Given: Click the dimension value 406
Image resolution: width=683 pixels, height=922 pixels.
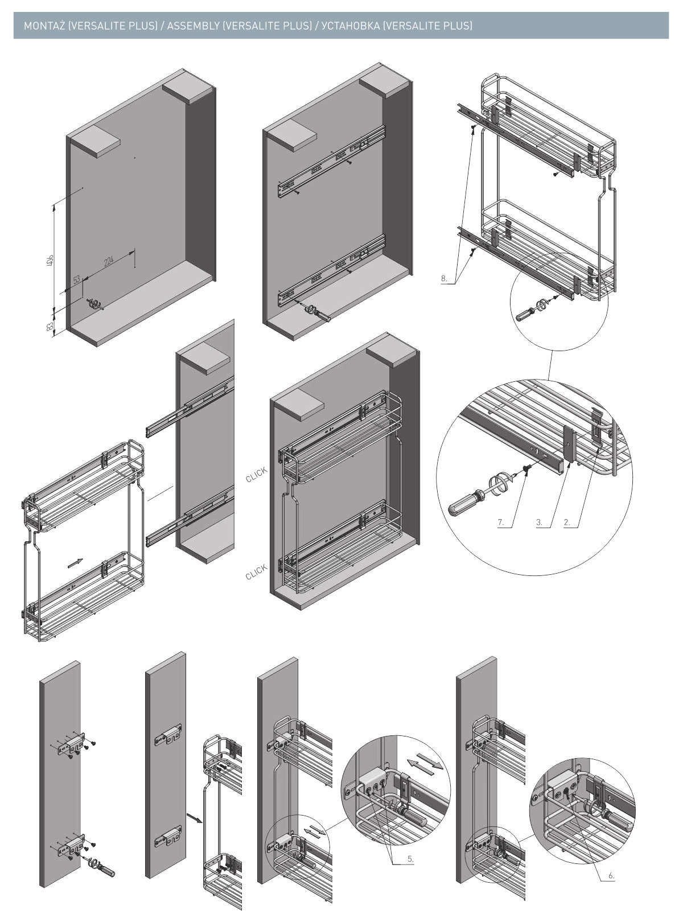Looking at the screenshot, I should pyautogui.click(x=50, y=261).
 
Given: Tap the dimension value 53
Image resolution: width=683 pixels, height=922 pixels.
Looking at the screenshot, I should pyautogui.click(x=76, y=280).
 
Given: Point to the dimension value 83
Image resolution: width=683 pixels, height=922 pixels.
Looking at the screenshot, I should pyautogui.click(x=50, y=327).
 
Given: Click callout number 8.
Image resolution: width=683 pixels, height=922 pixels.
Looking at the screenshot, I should pyautogui.click(x=444, y=279).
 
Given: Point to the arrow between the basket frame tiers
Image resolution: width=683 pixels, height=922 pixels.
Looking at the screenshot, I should pyautogui.click(x=75, y=562).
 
